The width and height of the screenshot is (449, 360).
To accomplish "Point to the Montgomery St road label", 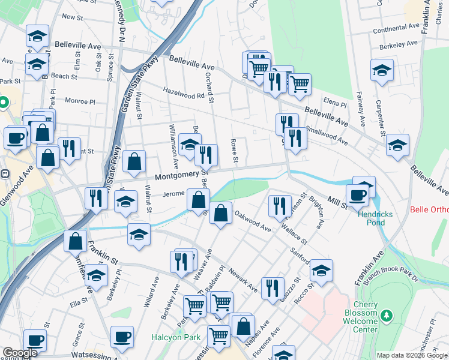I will coord(181,175).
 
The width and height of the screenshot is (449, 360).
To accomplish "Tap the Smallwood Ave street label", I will coord(327,129).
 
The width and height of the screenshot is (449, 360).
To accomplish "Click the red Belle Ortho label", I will coord(429,210).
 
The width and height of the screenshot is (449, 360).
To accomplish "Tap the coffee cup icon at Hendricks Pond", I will coord(358,194).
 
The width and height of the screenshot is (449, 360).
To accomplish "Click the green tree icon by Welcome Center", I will coord(387,315).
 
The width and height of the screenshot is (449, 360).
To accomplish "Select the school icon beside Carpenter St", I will coord(382,70).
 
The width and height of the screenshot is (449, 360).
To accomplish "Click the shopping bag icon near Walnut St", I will coord(134,160).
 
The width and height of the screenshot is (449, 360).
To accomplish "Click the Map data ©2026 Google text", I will coord(412,355).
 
